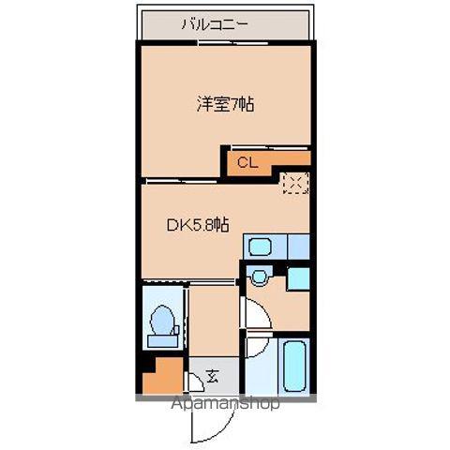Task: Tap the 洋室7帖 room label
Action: point(225,105)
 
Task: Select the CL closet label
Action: point(246,162)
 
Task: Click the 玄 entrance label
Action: point(212,378)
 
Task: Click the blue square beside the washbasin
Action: point(299,278)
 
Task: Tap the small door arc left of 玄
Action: point(195,380)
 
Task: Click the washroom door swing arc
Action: point(254,317)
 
